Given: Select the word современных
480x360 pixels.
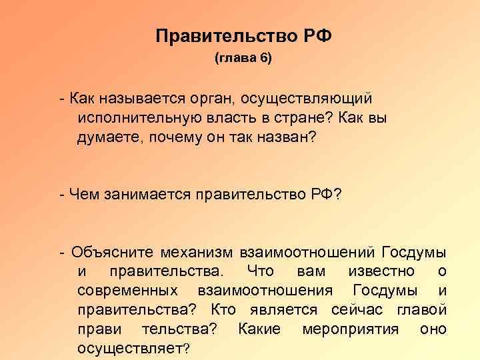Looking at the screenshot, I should point(127,291).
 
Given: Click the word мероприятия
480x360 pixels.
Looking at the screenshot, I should point(350,329).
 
